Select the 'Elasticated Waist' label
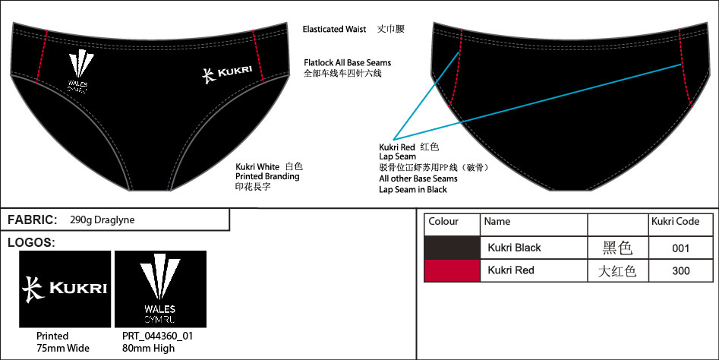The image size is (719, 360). [335, 30]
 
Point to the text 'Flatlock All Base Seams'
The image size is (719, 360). [347, 62]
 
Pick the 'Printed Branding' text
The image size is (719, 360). [267, 176]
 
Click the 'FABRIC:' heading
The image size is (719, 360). [32, 220]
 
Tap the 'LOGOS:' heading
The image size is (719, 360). [30, 243]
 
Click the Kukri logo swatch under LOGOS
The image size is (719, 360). [65, 289]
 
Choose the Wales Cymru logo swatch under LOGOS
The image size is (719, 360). [159, 289]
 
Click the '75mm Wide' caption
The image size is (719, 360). [62, 348]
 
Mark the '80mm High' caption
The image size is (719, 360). [148, 348]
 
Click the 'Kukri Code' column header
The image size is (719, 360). [675, 222]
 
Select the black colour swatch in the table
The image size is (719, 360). [452, 248]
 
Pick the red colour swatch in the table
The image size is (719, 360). [452, 270]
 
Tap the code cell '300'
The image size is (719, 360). [681, 270]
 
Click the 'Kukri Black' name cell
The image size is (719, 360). [514, 248]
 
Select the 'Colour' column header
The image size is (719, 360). [443, 222]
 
